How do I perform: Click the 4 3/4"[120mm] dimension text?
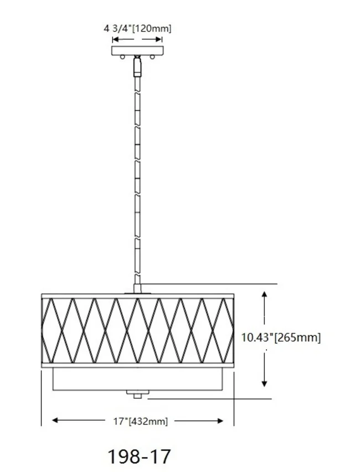(x=137, y=28)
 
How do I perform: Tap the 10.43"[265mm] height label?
(x=281, y=337)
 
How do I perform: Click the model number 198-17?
(x=139, y=457)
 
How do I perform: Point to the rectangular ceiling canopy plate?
(x=137, y=51)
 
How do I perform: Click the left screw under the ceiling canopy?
(x=121, y=58)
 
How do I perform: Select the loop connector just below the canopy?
(x=137, y=66)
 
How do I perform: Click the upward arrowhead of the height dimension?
(x=265, y=294)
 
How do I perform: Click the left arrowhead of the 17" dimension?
(x=55, y=421)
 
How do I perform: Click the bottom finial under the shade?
(x=137, y=394)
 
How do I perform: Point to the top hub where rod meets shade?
(x=137, y=289)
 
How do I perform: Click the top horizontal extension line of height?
(x=210, y=284)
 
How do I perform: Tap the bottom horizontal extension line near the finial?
(x=210, y=398)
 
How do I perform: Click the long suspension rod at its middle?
(x=137, y=177)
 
